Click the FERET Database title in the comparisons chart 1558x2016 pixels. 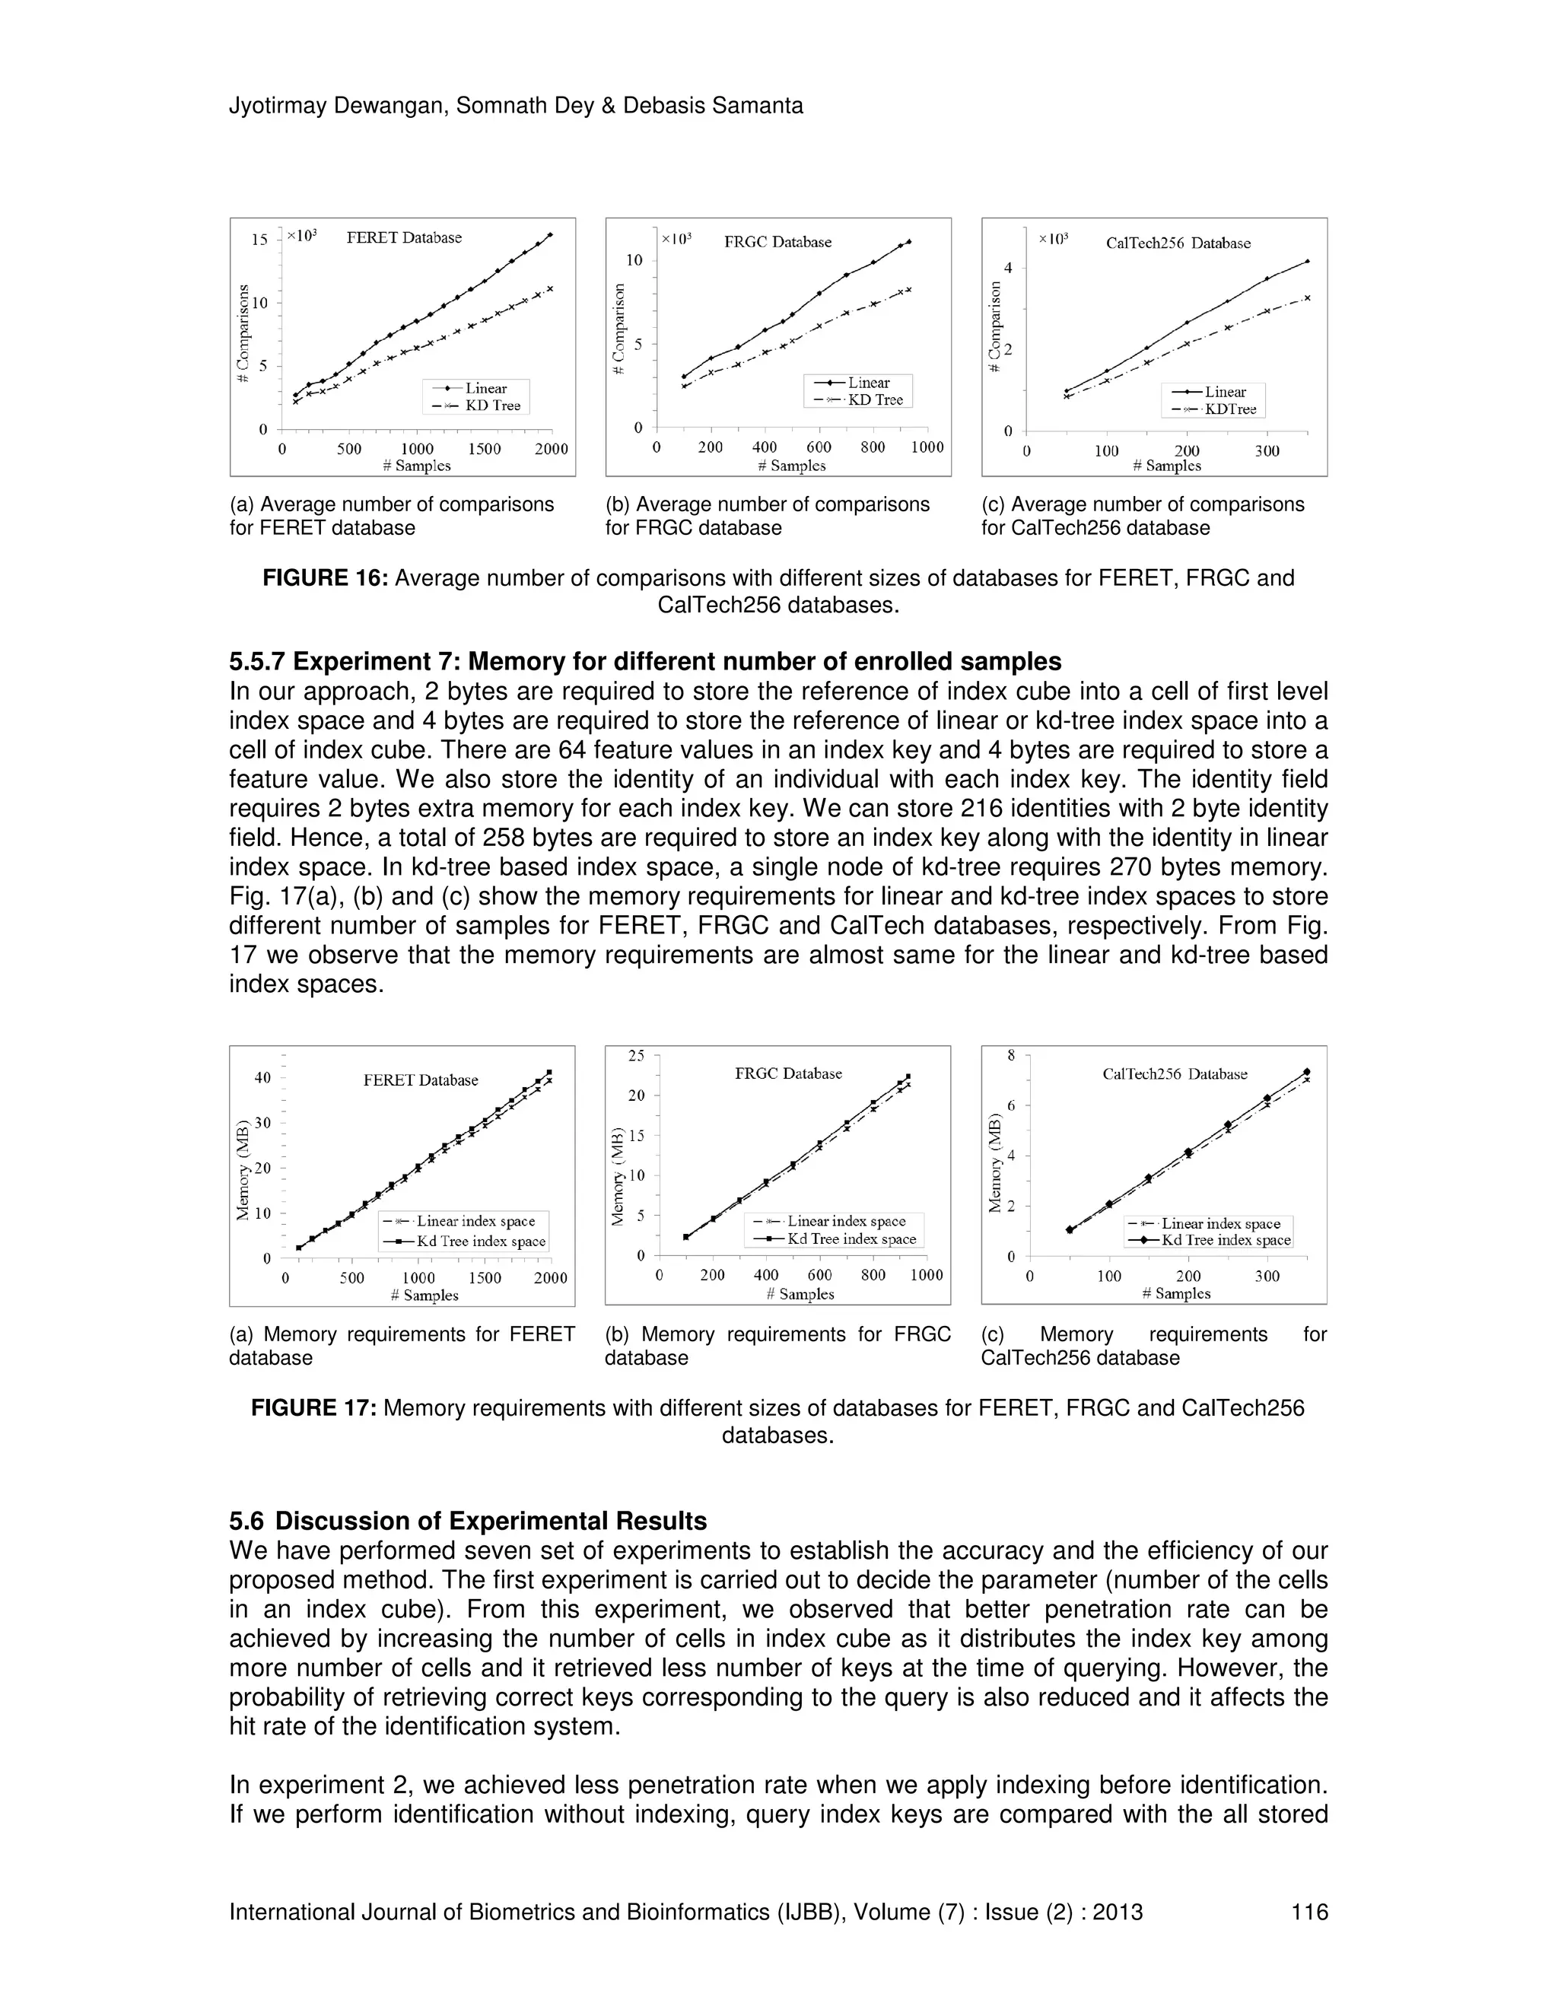pos(403,238)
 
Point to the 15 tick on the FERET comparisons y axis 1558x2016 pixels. pos(259,240)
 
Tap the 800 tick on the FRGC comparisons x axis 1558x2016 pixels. pos(873,447)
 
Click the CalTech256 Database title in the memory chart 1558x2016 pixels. pos(1174,1074)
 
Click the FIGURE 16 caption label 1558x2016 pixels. pos(324,579)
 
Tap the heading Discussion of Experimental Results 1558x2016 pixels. pos(490,1522)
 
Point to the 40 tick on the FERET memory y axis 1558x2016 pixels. pos(262,1078)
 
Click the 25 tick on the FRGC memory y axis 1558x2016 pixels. pos(637,1055)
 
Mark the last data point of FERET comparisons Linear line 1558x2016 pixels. pos(550,235)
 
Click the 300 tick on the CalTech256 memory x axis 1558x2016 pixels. pos(1267,1277)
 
